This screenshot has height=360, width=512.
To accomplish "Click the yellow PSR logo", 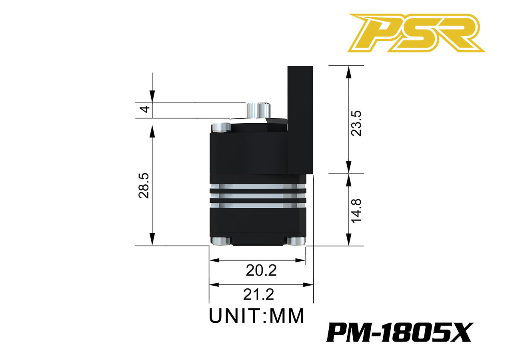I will coord(416,33).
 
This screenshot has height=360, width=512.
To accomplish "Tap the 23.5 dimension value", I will coord(356,123).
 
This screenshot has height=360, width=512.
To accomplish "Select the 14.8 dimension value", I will coord(356,210).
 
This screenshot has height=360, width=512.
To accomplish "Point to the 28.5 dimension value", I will coord(144,186).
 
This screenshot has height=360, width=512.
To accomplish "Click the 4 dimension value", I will coord(146,109).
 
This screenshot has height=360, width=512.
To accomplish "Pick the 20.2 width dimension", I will coord(261,271).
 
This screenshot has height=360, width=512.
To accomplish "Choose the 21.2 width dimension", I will coord(258,295).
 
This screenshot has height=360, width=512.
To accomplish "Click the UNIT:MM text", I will coord(257,316).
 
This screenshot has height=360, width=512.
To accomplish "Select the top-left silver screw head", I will coord(221,127).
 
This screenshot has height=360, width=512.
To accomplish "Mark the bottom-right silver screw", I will coord(296,241).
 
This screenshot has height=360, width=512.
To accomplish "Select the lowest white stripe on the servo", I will coord(258,205).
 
